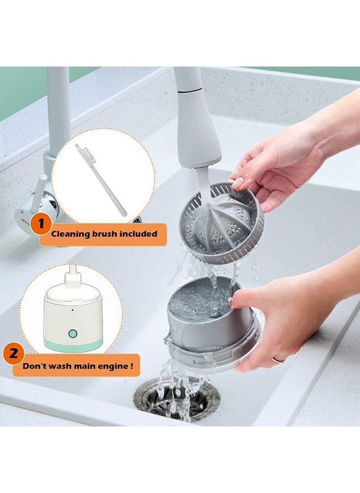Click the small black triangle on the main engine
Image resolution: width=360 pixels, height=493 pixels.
pos(72,309)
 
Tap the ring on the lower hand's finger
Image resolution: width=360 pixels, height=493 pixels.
pos(278,360)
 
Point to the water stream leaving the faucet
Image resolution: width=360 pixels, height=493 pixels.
pos(203,185)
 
